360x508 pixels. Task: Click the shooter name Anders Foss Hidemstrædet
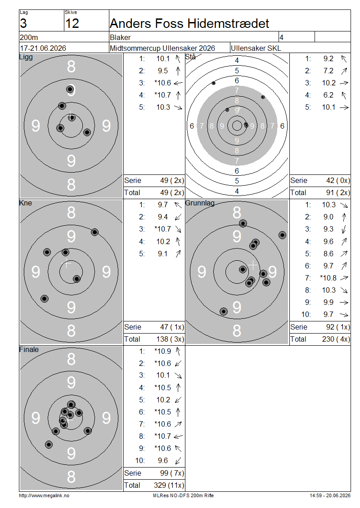(189, 23)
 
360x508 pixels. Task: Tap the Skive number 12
(72, 23)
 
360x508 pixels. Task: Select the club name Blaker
(120, 37)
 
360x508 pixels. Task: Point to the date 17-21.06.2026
(43, 48)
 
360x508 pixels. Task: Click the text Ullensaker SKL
(256, 48)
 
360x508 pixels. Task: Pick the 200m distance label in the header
(29, 37)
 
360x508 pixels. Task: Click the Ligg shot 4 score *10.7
(162, 95)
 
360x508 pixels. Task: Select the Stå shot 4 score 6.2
(328, 95)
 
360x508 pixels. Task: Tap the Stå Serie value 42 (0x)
(338, 180)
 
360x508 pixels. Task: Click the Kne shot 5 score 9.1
(163, 254)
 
